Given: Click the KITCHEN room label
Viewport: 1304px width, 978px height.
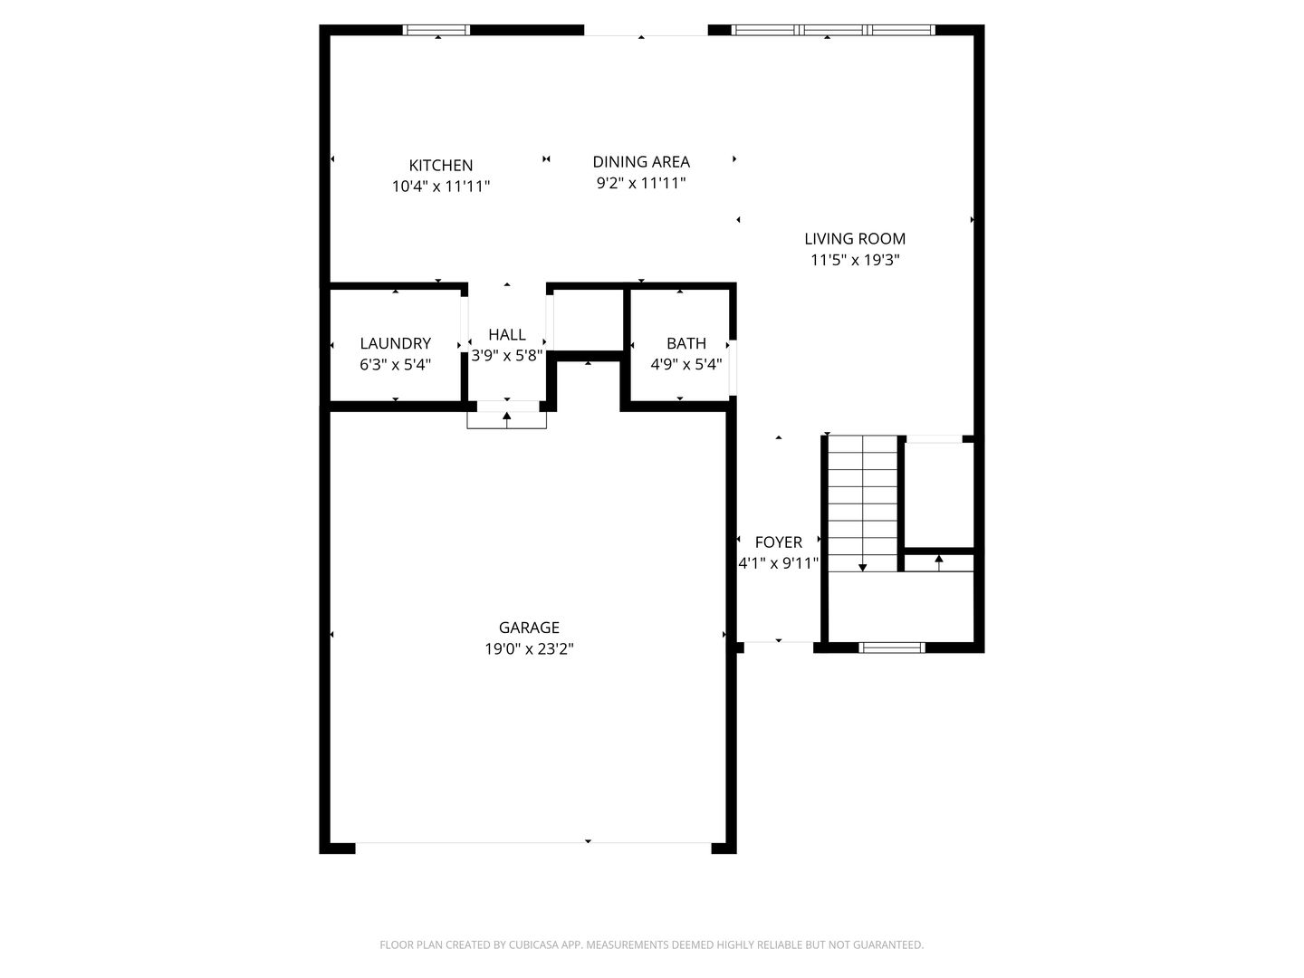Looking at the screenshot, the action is pyautogui.click(x=440, y=165).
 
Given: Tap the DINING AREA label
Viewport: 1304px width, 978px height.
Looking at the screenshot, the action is pyautogui.click(x=641, y=161).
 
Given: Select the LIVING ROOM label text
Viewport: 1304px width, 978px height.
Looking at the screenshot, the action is pyautogui.click(x=855, y=239).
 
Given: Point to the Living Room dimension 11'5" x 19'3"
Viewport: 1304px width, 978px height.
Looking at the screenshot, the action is pyautogui.click(x=855, y=260).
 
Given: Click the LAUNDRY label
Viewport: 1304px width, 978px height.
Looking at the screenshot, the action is pyautogui.click(x=395, y=343).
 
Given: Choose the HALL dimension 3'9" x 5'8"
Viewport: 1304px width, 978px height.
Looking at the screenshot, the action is pyautogui.click(x=507, y=356).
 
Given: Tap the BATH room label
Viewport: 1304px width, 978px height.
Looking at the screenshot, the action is pyautogui.click(x=686, y=343).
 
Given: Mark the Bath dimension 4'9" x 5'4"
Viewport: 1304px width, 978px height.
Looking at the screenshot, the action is pyautogui.click(x=686, y=365).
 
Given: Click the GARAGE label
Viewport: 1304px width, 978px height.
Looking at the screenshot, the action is pyautogui.click(x=529, y=628).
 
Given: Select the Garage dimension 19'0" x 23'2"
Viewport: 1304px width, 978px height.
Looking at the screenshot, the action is pyautogui.click(x=529, y=649).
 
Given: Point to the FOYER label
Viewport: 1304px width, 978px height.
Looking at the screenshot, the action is pyautogui.click(x=778, y=542).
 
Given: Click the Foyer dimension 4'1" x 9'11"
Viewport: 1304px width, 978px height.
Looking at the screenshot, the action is pyautogui.click(x=778, y=563).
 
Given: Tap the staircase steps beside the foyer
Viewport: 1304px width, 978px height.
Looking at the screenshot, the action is pyautogui.click(x=863, y=503).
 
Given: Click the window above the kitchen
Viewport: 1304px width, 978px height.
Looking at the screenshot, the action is pyautogui.click(x=436, y=30).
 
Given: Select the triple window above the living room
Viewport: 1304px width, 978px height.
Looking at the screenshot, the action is pyautogui.click(x=833, y=30).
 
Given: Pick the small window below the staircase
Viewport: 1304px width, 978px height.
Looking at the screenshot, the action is pyautogui.click(x=892, y=647).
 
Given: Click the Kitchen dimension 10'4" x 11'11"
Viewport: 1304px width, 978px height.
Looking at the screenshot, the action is pyautogui.click(x=440, y=187).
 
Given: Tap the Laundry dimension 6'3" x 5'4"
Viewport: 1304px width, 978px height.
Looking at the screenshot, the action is pyautogui.click(x=395, y=365).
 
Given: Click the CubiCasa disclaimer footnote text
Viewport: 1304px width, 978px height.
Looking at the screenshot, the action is pyautogui.click(x=652, y=944).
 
